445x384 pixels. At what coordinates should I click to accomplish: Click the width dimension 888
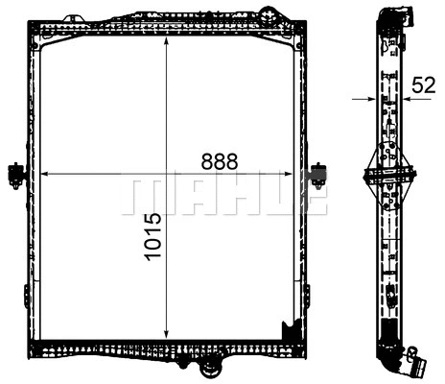[219, 161]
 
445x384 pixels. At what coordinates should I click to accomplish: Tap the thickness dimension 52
[423, 85]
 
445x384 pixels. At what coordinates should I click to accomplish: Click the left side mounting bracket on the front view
[15, 174]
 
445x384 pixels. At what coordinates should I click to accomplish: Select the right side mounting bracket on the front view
[318, 175]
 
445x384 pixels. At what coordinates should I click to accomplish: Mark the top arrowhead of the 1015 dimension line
[168, 41]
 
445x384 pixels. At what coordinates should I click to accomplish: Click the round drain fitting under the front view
[211, 366]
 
